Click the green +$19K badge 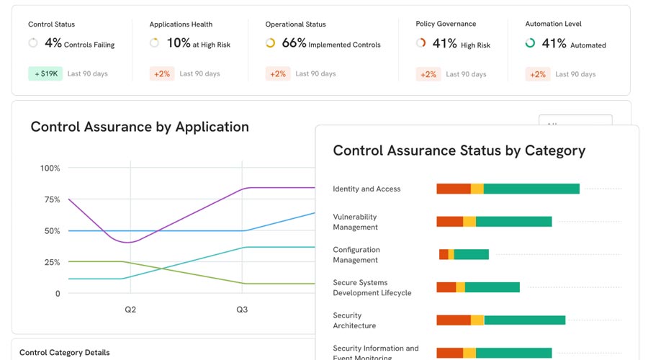(x=45, y=73)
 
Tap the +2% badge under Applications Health (x=161, y=73)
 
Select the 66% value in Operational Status (x=294, y=43)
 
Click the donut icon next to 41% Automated (x=530, y=43)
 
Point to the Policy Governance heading (x=446, y=24)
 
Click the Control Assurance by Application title (x=140, y=127)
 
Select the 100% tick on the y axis (x=50, y=168)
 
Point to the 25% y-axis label (x=52, y=262)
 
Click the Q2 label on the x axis (x=130, y=310)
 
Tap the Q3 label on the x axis (x=242, y=310)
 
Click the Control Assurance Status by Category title (x=459, y=150)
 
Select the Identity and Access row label (x=366, y=189)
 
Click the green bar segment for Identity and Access (x=531, y=189)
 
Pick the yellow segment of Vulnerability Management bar (x=469, y=222)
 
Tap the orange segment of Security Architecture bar (x=454, y=320)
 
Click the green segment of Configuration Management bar (x=472, y=254)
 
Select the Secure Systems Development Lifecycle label (x=372, y=288)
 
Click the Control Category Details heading (x=65, y=353)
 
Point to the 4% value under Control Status (x=53, y=43)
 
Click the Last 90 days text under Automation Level (x=575, y=74)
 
